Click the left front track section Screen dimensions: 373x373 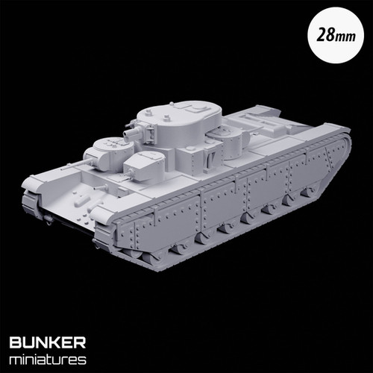32,202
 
